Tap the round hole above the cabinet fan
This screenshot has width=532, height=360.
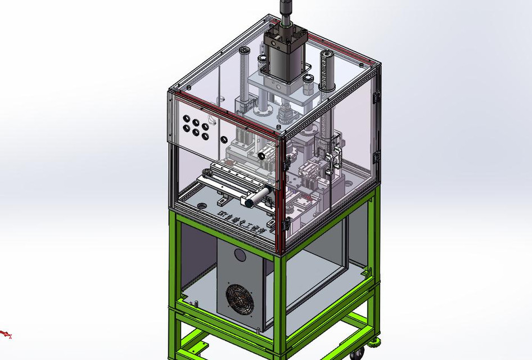click(240, 255)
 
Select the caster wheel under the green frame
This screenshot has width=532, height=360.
click(356, 354)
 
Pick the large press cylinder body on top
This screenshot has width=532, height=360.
click(283, 56)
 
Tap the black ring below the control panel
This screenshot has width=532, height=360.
click(262, 155)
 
